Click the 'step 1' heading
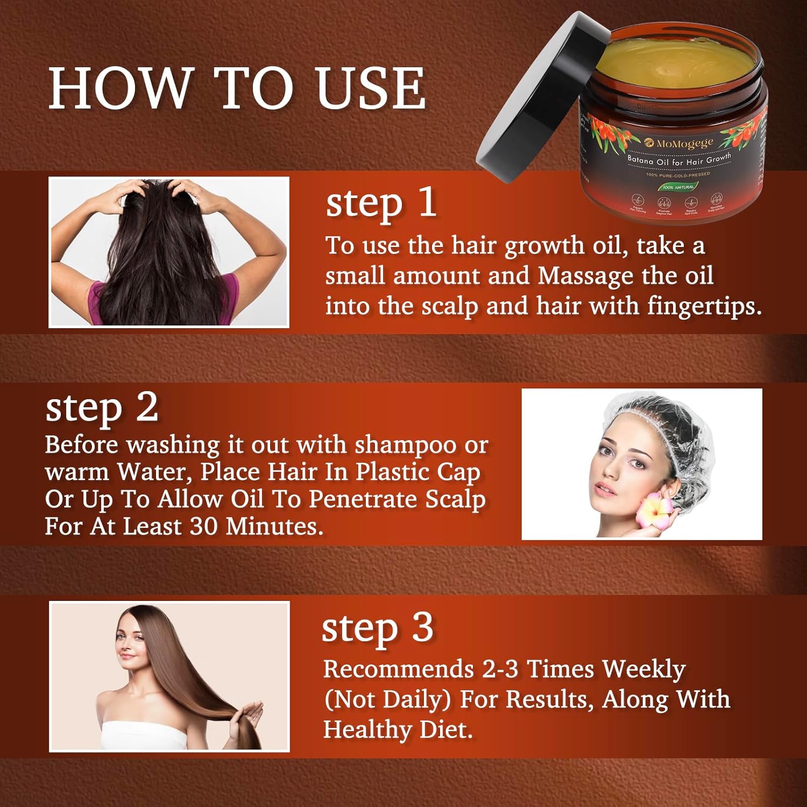(381, 203)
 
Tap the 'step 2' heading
(102, 407)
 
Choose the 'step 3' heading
(377, 628)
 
